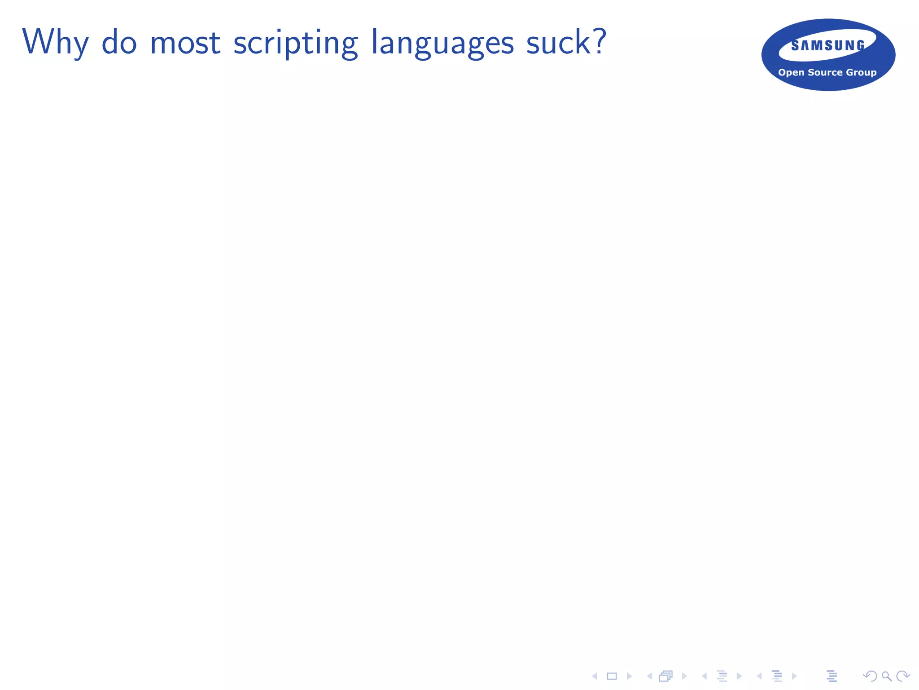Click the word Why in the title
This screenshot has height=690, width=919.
55,43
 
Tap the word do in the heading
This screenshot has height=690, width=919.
119,42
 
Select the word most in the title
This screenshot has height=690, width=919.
185,43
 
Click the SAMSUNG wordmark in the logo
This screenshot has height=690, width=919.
828,45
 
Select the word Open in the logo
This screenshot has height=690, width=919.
791,72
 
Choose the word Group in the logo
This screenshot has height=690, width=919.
861,72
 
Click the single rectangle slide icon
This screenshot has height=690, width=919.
612,676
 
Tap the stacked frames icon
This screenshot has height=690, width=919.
666,676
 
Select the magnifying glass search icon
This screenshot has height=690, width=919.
887,676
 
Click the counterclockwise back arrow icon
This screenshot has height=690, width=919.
870,676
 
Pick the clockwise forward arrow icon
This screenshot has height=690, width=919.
903,676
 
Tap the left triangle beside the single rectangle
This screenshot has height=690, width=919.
595,676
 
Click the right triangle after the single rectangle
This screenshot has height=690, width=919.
629,676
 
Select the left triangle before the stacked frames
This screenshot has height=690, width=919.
649,676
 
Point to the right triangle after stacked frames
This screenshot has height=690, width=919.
684,676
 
